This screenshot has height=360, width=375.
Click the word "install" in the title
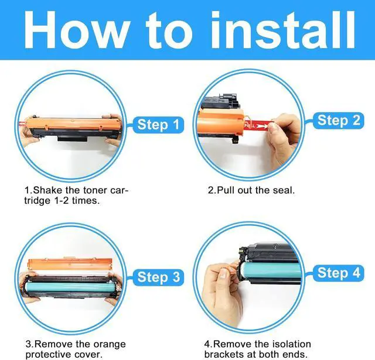pos(283,30)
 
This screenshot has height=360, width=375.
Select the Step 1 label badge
pos(158,125)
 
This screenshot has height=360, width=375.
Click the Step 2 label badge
pos(339,121)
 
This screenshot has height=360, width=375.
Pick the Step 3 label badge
pos(158,277)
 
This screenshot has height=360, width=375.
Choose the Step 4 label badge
pos(339,273)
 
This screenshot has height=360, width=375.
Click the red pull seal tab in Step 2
pos(259,125)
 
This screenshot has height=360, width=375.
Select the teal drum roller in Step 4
pos(270,270)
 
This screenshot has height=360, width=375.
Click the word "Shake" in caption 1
pos(47,190)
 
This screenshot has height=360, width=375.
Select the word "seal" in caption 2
pos(285,190)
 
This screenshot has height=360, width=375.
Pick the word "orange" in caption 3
pos(110,344)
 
